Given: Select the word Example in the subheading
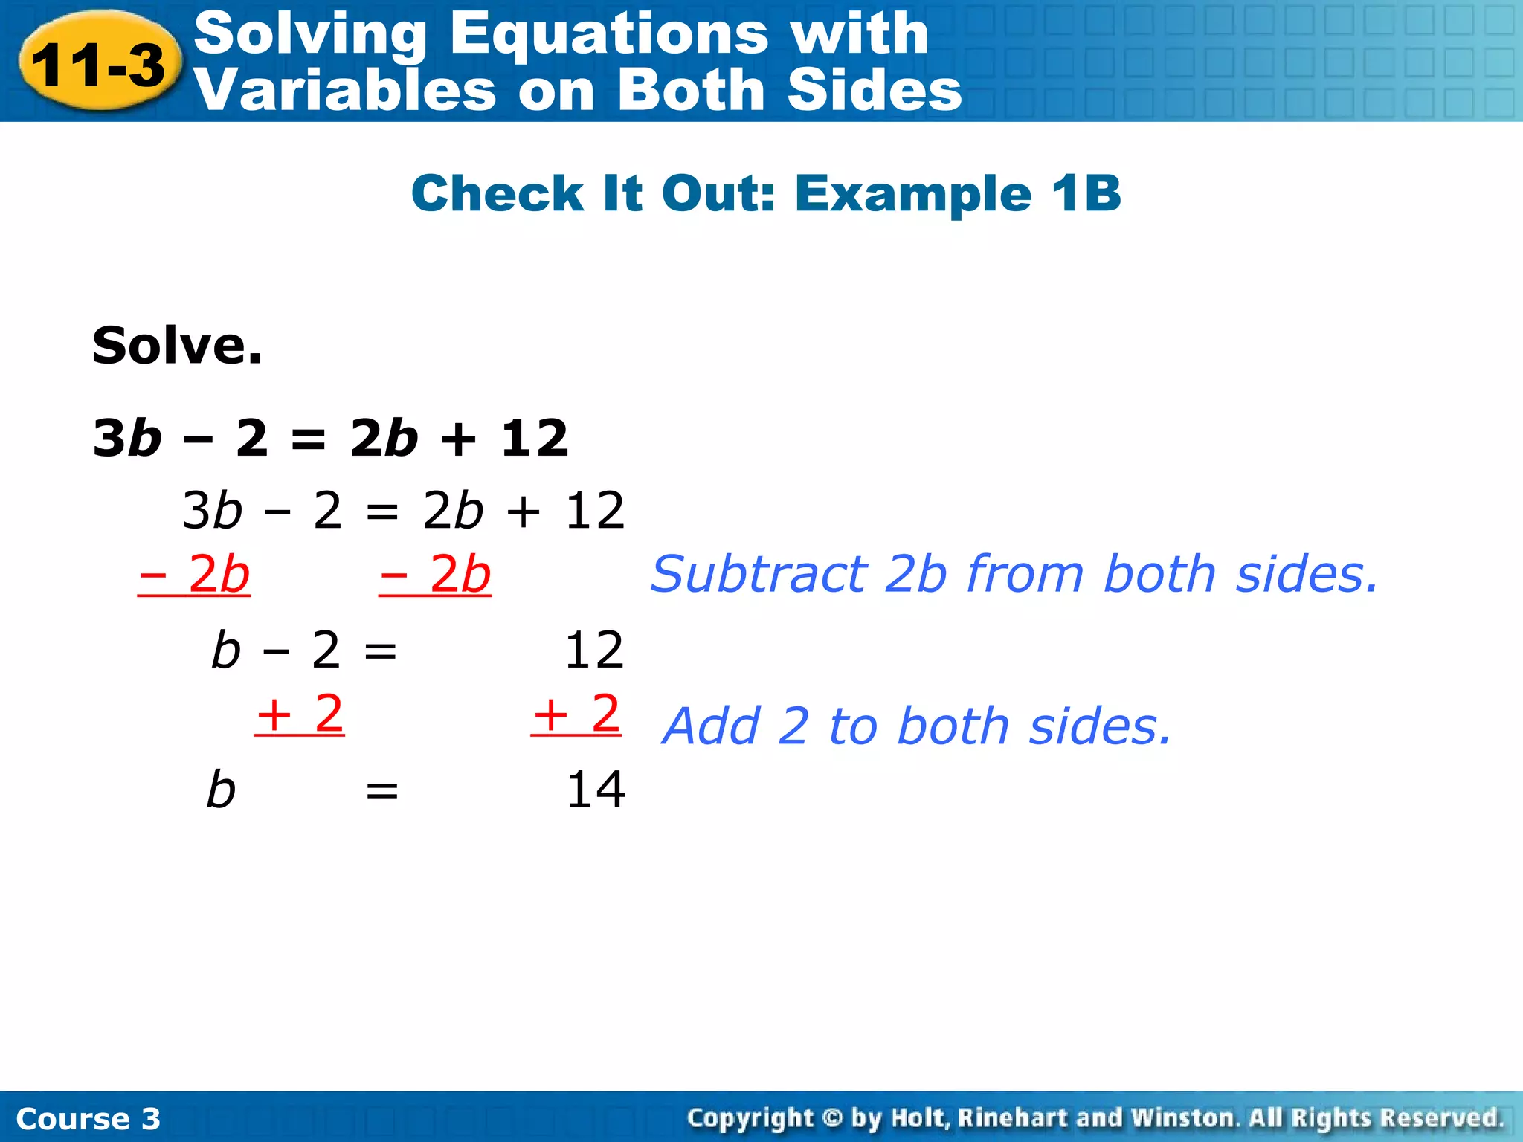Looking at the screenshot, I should pos(913,193).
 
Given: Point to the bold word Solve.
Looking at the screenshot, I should pos(177,346).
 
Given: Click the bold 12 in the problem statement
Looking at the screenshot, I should pos(535,438).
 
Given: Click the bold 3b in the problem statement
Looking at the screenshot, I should pos(127,438).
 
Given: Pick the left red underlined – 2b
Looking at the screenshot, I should pos(194,575).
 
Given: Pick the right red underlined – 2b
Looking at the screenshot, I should pos(435,575).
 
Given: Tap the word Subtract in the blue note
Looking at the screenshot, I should pos(759,575).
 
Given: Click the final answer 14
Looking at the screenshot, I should pos(596,790).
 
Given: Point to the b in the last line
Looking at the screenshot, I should pos(221,790).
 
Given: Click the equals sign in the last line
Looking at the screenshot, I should pos(381,791).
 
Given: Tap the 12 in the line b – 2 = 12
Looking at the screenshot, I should pos(594,651).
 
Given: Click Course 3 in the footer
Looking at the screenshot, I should pos(88,1119).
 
